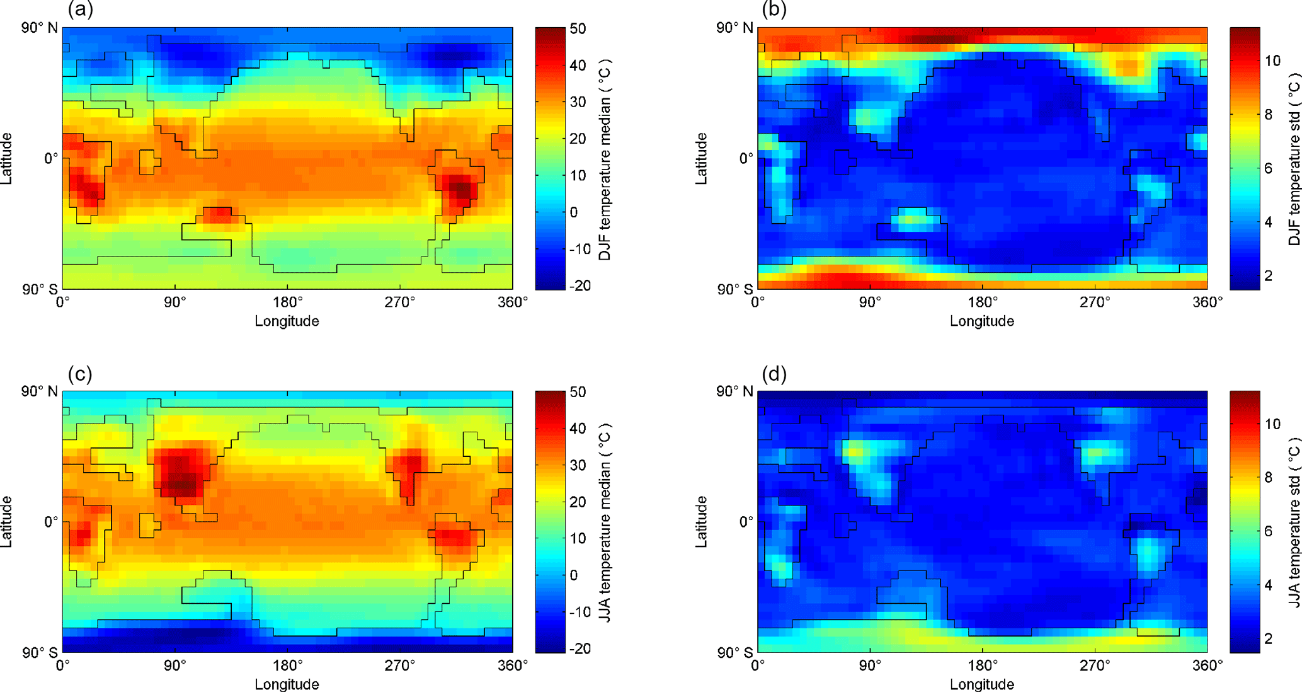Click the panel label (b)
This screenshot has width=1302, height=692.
click(774, 10)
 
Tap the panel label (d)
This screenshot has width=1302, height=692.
click(774, 374)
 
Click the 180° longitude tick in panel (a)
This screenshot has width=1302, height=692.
click(287, 303)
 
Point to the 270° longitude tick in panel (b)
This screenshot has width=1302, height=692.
click(1095, 303)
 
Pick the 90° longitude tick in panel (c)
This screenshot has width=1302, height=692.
click(175, 666)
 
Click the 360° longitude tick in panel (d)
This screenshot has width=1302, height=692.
click(1207, 666)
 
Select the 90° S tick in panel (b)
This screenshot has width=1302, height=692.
click(734, 289)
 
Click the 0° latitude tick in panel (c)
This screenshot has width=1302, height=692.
click(50, 522)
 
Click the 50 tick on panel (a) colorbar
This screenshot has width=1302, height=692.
click(578, 29)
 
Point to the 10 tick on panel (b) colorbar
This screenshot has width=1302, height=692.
click(1272, 61)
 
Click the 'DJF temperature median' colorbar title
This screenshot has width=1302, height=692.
click(605, 160)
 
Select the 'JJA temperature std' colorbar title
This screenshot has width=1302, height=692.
click(1294, 523)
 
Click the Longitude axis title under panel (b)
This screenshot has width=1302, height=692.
click(981, 321)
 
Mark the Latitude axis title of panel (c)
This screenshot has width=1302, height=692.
click(8, 522)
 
